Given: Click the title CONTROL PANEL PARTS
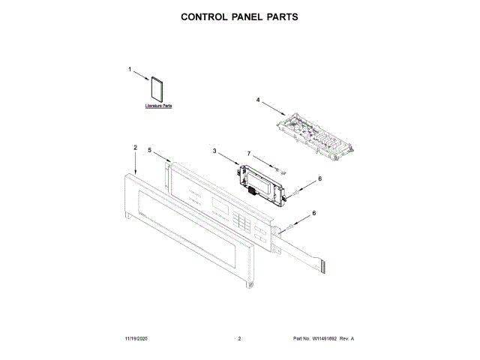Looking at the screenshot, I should (240, 16).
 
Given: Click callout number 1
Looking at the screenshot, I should (129, 69).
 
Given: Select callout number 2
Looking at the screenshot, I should (135, 148).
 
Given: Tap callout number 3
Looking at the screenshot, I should (214, 151).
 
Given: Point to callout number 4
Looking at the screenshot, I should (258, 99).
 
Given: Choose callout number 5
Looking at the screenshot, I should (149, 150).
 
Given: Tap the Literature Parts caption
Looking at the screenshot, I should (158, 106).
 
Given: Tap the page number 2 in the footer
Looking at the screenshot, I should (239, 339).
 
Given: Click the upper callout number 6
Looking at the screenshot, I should (319, 178).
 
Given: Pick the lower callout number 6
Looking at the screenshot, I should (313, 213).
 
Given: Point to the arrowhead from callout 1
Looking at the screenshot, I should (148, 78).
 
